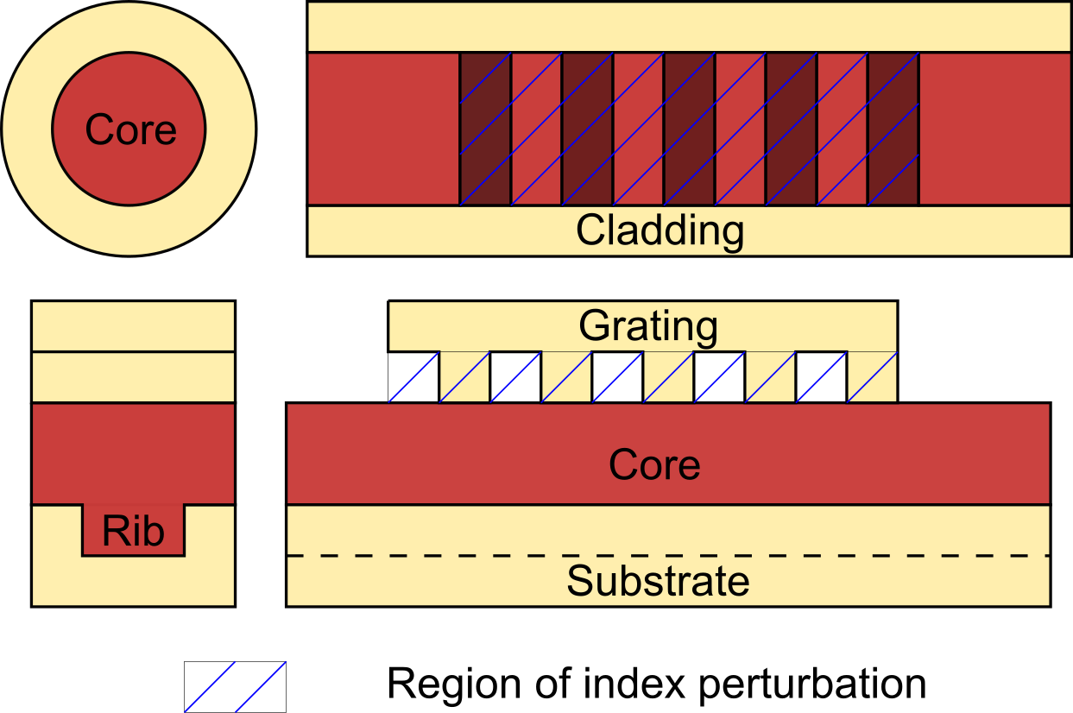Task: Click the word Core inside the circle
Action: pos(131,129)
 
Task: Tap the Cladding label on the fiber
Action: pos(660,230)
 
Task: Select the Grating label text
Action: pos(647,326)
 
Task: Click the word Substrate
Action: pos(658,581)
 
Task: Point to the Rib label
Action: pos(133,530)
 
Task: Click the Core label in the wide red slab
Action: pos(653,464)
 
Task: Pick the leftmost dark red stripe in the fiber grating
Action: pos(485,129)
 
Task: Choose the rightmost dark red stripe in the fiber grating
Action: pos(893,129)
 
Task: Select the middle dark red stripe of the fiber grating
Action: pos(689,129)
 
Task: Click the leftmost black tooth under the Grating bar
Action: pos(414,377)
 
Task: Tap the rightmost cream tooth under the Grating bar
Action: pos(872,377)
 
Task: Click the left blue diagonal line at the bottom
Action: pos(210,687)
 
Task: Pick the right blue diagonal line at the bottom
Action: pos(261,687)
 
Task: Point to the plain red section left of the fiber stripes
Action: pos(383,129)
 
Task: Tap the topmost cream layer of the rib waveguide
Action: pos(133,326)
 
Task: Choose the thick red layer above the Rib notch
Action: pos(133,452)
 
